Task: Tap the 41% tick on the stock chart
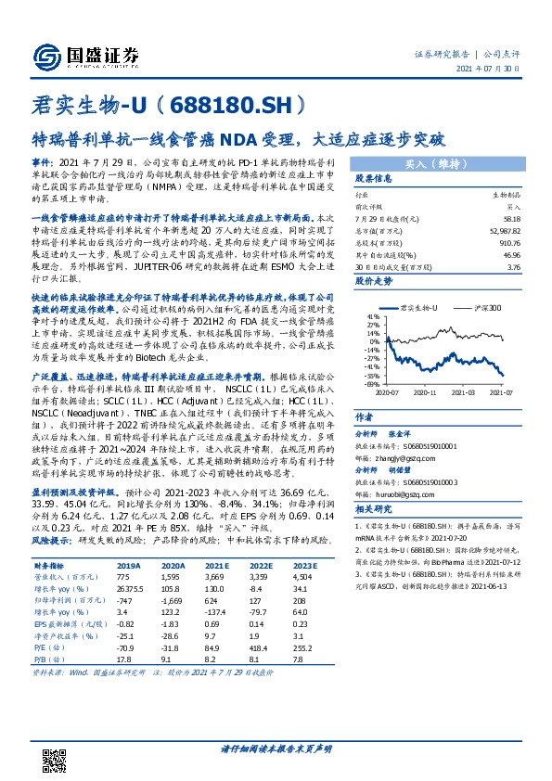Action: [x=371, y=315]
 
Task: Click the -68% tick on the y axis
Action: [x=370, y=382]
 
